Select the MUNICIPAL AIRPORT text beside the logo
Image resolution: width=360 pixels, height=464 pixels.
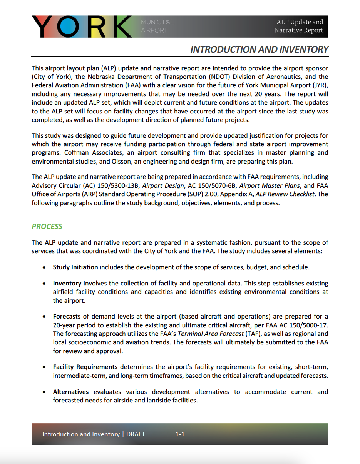point(157,26)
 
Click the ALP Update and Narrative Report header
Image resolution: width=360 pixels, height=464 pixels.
point(299,26)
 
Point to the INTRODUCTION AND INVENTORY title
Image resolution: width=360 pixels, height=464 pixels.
point(259,50)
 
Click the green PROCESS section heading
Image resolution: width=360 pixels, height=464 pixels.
point(47,226)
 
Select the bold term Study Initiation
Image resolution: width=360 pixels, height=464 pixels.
point(75,267)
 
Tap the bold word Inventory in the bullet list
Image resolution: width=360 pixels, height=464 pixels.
point(67,284)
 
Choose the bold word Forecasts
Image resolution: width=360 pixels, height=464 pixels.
point(67,317)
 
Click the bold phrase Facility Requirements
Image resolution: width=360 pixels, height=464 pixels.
point(85,367)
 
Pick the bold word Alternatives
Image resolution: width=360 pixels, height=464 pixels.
point(71,392)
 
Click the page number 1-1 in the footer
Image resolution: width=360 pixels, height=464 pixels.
point(180,434)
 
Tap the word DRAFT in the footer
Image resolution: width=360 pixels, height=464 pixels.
point(136,434)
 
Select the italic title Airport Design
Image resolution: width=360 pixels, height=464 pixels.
point(163,185)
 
